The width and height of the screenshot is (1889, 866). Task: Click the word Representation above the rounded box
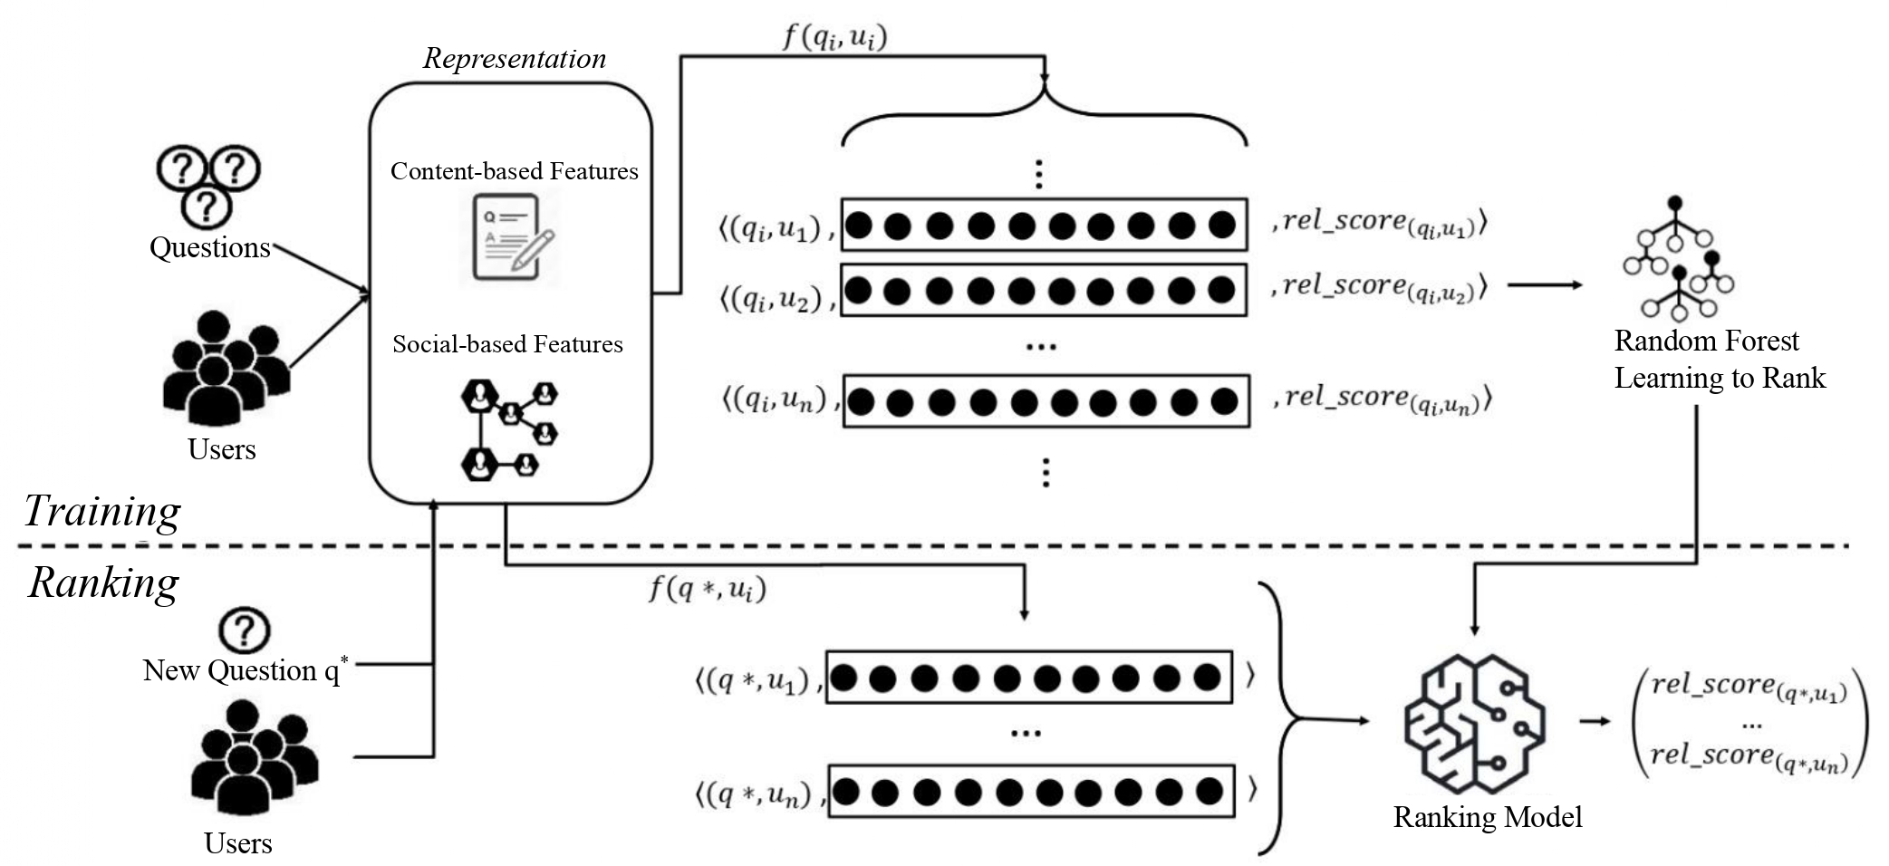point(515,59)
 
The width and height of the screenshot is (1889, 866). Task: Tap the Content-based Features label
point(514,171)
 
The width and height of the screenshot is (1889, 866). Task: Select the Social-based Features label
point(507,344)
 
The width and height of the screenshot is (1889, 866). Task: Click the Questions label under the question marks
point(210,247)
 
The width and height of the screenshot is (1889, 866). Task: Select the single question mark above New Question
point(245,630)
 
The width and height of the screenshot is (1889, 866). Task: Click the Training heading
point(101,511)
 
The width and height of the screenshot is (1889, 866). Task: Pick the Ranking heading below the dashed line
point(103,582)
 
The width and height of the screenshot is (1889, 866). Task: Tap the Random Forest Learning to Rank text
point(1719,360)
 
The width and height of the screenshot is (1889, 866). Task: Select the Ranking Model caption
point(1488,817)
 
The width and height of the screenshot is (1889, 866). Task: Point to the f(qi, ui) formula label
point(834,37)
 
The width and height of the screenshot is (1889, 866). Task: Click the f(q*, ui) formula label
point(708,590)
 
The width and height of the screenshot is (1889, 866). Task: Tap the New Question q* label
point(245,670)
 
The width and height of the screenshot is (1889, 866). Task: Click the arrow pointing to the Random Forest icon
point(1545,285)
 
